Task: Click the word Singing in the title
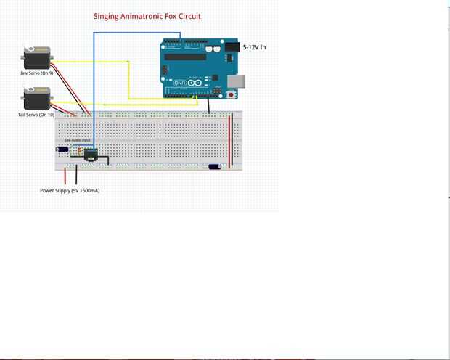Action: click(x=107, y=16)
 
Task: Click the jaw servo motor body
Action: click(x=36, y=58)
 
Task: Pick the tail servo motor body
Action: click(x=36, y=98)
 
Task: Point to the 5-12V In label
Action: click(x=254, y=47)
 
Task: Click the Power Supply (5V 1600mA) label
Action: click(x=70, y=190)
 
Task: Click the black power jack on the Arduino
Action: click(x=232, y=47)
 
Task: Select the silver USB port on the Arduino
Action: click(x=236, y=79)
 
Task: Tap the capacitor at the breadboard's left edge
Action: click(x=62, y=150)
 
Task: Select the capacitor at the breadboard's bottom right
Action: click(x=214, y=166)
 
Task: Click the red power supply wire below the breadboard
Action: click(x=65, y=176)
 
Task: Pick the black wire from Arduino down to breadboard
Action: click(x=209, y=106)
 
